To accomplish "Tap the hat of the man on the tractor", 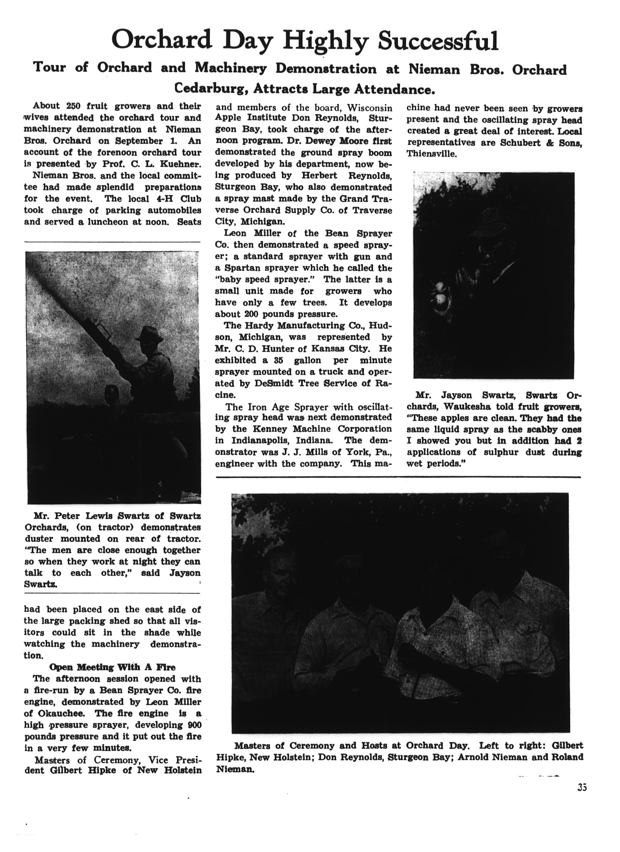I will (x=149, y=334).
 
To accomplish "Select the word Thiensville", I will (x=432, y=154).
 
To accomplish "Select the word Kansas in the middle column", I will (x=326, y=349).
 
